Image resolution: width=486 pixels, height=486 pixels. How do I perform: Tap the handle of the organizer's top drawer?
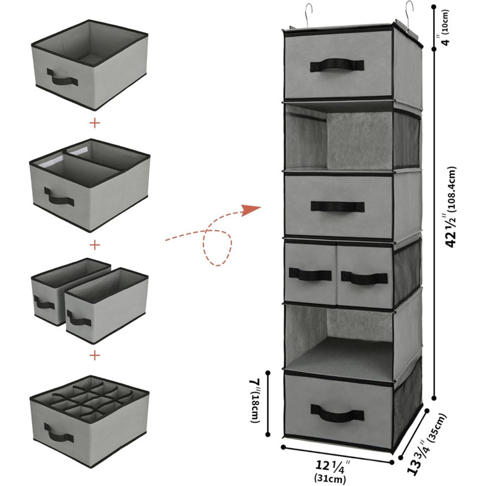click(x=337, y=65)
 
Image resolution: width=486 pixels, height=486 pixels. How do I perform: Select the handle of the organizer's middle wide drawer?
click(x=338, y=207)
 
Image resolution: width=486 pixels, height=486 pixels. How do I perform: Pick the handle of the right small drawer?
click(x=364, y=278)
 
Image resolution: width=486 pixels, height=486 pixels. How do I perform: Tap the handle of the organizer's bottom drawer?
click(x=337, y=413)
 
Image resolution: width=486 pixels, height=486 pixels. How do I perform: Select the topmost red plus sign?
click(x=95, y=123)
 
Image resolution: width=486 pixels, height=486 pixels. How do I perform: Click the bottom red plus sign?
click(x=95, y=355)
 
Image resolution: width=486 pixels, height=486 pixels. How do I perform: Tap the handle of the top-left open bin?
click(x=62, y=78)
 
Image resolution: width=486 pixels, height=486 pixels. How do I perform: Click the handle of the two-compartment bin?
click(x=59, y=196)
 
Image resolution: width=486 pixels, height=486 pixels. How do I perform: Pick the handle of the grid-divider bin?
click(x=59, y=433)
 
